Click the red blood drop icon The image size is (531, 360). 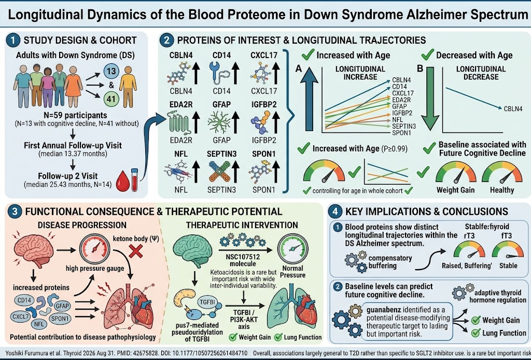pyautogui.click(x=122, y=181)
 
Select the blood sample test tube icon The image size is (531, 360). pyautogui.click(x=134, y=180)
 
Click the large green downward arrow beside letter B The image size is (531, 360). pyautogui.click(x=430, y=99)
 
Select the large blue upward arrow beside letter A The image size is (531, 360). pyautogui.click(x=309, y=99)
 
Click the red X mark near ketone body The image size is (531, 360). pyautogui.click(x=136, y=252)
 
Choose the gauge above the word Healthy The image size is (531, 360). pyautogui.click(x=502, y=172)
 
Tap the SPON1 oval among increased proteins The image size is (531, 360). pyautogui.click(x=60, y=319)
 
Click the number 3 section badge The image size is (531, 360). pyautogui.click(x=15, y=212)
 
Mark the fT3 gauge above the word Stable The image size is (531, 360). pyautogui.click(x=508, y=251)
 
